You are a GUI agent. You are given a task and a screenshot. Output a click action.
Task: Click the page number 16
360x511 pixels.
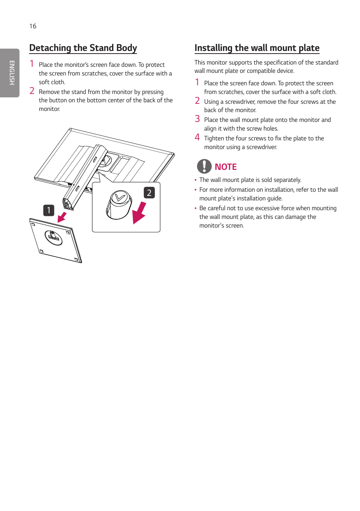click(33, 26)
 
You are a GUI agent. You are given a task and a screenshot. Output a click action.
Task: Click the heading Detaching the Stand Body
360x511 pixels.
click(83, 48)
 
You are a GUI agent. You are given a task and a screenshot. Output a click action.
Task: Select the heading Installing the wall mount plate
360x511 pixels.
click(257, 48)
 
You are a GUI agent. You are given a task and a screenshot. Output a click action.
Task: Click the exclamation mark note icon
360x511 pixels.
click(204, 166)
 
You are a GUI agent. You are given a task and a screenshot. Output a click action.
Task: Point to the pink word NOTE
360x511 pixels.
click(226, 167)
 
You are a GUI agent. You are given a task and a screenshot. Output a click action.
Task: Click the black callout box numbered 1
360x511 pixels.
click(49, 210)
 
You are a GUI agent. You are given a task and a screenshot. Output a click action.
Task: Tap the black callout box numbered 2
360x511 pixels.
click(149, 193)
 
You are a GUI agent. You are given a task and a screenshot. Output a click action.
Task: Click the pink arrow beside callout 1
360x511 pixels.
click(62, 217)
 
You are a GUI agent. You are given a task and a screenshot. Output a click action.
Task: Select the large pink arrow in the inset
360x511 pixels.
click(139, 213)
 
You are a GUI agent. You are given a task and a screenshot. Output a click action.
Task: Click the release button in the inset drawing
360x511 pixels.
click(119, 204)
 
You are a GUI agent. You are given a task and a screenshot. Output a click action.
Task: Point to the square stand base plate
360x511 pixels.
click(55, 240)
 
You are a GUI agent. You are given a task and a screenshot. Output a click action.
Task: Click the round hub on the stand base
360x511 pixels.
click(54, 237)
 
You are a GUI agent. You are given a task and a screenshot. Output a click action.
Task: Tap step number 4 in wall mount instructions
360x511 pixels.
click(197, 137)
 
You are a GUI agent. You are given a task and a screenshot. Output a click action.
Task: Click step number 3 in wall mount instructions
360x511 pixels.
click(197, 119)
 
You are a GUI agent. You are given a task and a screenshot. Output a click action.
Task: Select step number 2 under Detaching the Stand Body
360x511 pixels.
click(32, 91)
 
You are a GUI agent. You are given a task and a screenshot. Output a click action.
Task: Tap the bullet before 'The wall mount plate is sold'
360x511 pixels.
click(195, 180)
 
